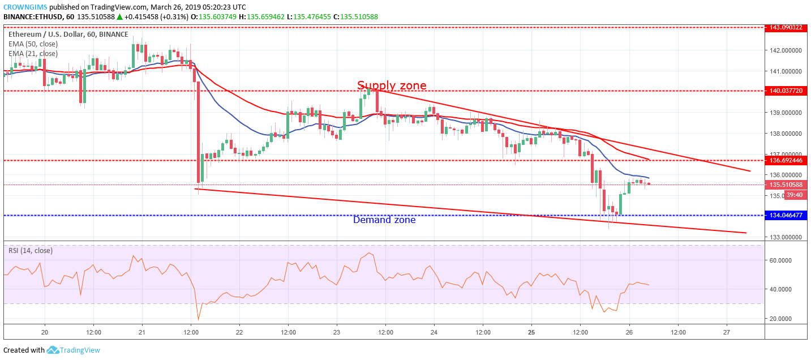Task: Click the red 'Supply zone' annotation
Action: coord(392,85)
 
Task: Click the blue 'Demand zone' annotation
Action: coord(384,220)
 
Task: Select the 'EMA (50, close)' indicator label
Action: coord(33,44)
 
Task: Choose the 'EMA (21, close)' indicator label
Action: coord(33,54)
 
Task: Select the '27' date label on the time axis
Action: coord(727,332)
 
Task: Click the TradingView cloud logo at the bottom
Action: coord(53,350)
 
